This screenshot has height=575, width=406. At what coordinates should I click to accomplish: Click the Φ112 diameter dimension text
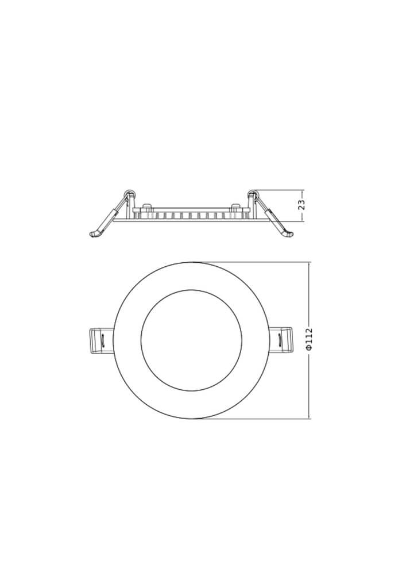point(310,340)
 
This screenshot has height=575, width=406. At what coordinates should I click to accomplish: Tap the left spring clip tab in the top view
point(103,340)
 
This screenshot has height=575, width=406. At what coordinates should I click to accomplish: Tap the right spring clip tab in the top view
point(280,340)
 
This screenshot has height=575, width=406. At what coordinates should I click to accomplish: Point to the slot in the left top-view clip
point(103,340)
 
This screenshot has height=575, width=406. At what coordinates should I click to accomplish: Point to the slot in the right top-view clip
point(280,340)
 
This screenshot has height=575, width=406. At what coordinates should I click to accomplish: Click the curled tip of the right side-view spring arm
point(289,235)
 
